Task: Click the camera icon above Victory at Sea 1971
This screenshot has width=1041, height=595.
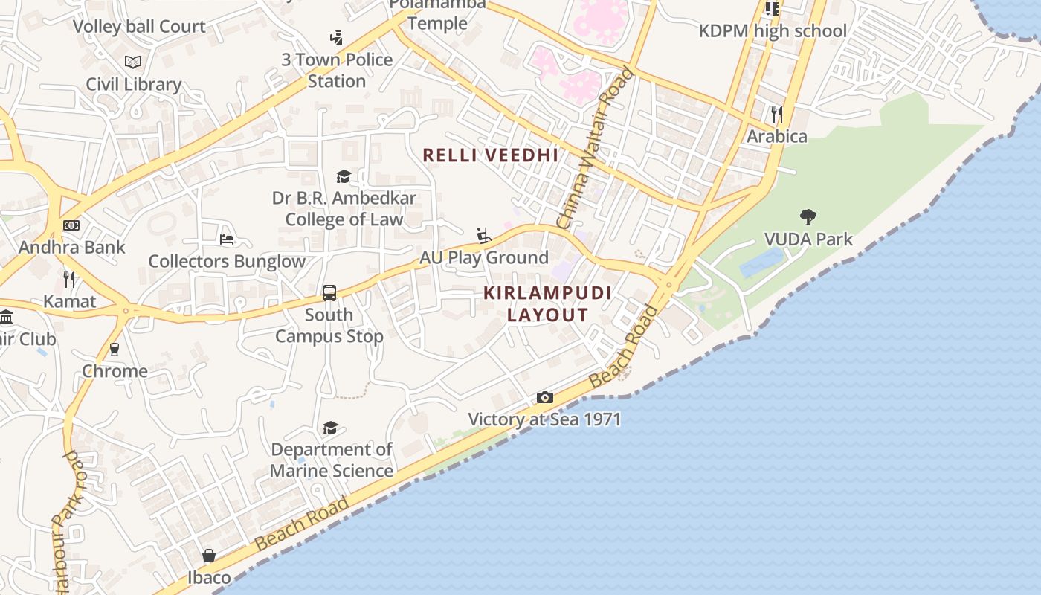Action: [x=545, y=398]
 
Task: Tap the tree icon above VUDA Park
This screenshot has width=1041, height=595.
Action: [x=808, y=217]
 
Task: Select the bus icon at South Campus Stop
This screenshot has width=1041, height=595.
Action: [x=329, y=292]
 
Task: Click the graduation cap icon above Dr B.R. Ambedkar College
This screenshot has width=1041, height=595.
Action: [x=344, y=176]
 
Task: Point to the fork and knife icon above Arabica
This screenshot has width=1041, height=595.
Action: [x=777, y=114]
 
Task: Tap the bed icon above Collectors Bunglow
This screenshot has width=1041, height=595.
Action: [x=227, y=239]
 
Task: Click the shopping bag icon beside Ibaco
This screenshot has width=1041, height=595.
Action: [x=209, y=556]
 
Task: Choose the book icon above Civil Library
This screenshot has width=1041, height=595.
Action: [x=133, y=62]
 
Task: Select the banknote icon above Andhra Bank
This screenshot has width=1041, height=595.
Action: [x=71, y=225]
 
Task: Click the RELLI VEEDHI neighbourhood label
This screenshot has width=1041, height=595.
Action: [x=490, y=155]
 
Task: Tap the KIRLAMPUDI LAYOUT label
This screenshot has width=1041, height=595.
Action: [x=548, y=303]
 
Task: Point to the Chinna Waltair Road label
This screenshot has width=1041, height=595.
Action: [x=595, y=148]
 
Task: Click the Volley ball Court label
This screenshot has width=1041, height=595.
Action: [x=139, y=27]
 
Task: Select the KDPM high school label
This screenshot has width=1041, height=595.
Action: [x=773, y=31]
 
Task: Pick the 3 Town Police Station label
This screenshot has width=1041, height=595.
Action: [x=337, y=70]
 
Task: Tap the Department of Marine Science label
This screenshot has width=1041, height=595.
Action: [x=332, y=460]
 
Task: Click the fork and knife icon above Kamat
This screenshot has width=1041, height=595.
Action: [x=69, y=280]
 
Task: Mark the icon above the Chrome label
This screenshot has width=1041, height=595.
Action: [x=115, y=349]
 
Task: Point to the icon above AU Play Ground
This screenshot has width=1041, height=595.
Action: [x=484, y=236]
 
